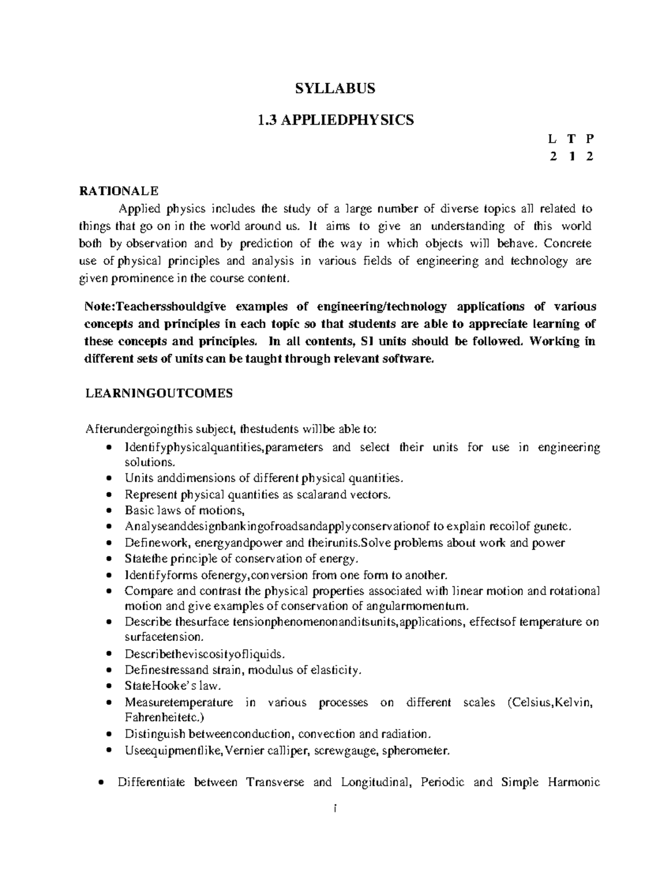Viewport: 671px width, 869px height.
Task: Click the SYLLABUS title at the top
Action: point(335,88)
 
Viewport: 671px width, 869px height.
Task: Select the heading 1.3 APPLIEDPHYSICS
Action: point(335,120)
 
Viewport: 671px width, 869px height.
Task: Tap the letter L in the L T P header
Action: point(552,139)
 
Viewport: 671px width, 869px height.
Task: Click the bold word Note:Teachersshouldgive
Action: point(153,307)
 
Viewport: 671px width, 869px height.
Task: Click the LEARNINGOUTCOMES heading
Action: point(158,393)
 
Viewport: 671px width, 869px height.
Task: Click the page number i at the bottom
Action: point(334,809)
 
